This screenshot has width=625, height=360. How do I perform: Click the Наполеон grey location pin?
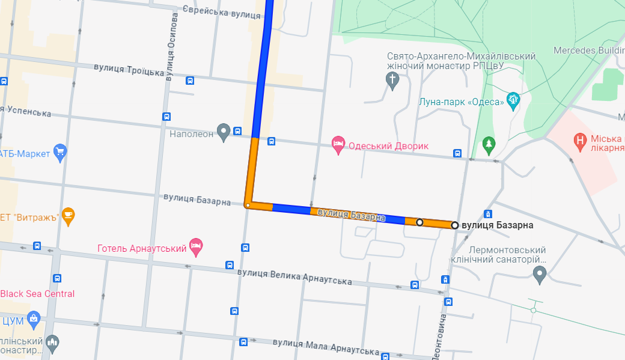224,132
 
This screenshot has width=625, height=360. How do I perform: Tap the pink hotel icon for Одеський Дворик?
338,145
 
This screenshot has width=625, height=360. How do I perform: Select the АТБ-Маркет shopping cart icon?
59,153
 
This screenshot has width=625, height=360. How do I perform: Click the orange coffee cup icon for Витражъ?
69,216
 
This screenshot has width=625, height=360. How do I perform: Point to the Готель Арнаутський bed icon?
196,245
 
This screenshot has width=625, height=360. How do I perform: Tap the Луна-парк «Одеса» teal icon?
513,100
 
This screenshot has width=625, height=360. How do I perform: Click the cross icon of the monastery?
392,79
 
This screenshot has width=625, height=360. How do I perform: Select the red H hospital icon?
580,142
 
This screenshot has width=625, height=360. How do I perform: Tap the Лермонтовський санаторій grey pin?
540,274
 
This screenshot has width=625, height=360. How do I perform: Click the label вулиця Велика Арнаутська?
294,276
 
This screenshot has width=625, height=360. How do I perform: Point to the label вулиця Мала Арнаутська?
326,346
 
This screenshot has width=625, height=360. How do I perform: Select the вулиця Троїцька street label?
129,70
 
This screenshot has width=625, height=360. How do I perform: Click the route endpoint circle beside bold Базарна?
455,225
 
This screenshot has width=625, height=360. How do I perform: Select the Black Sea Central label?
37,294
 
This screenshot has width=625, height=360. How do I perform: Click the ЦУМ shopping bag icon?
34,319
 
